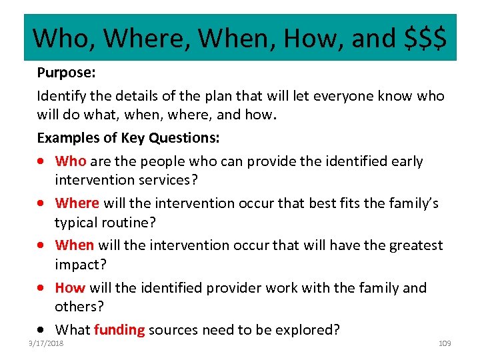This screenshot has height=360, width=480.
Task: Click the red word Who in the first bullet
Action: [70, 161]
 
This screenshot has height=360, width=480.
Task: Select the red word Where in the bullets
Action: [77, 203]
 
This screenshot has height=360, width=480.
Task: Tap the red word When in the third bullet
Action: [74, 245]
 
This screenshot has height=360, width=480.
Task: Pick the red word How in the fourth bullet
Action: [70, 287]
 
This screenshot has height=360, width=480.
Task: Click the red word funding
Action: [119, 329]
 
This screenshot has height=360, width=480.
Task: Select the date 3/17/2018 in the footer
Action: [46, 343]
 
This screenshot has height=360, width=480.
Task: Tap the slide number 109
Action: [445, 343]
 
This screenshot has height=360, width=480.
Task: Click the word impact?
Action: [79, 265]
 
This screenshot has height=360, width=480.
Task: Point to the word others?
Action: [81, 307]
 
